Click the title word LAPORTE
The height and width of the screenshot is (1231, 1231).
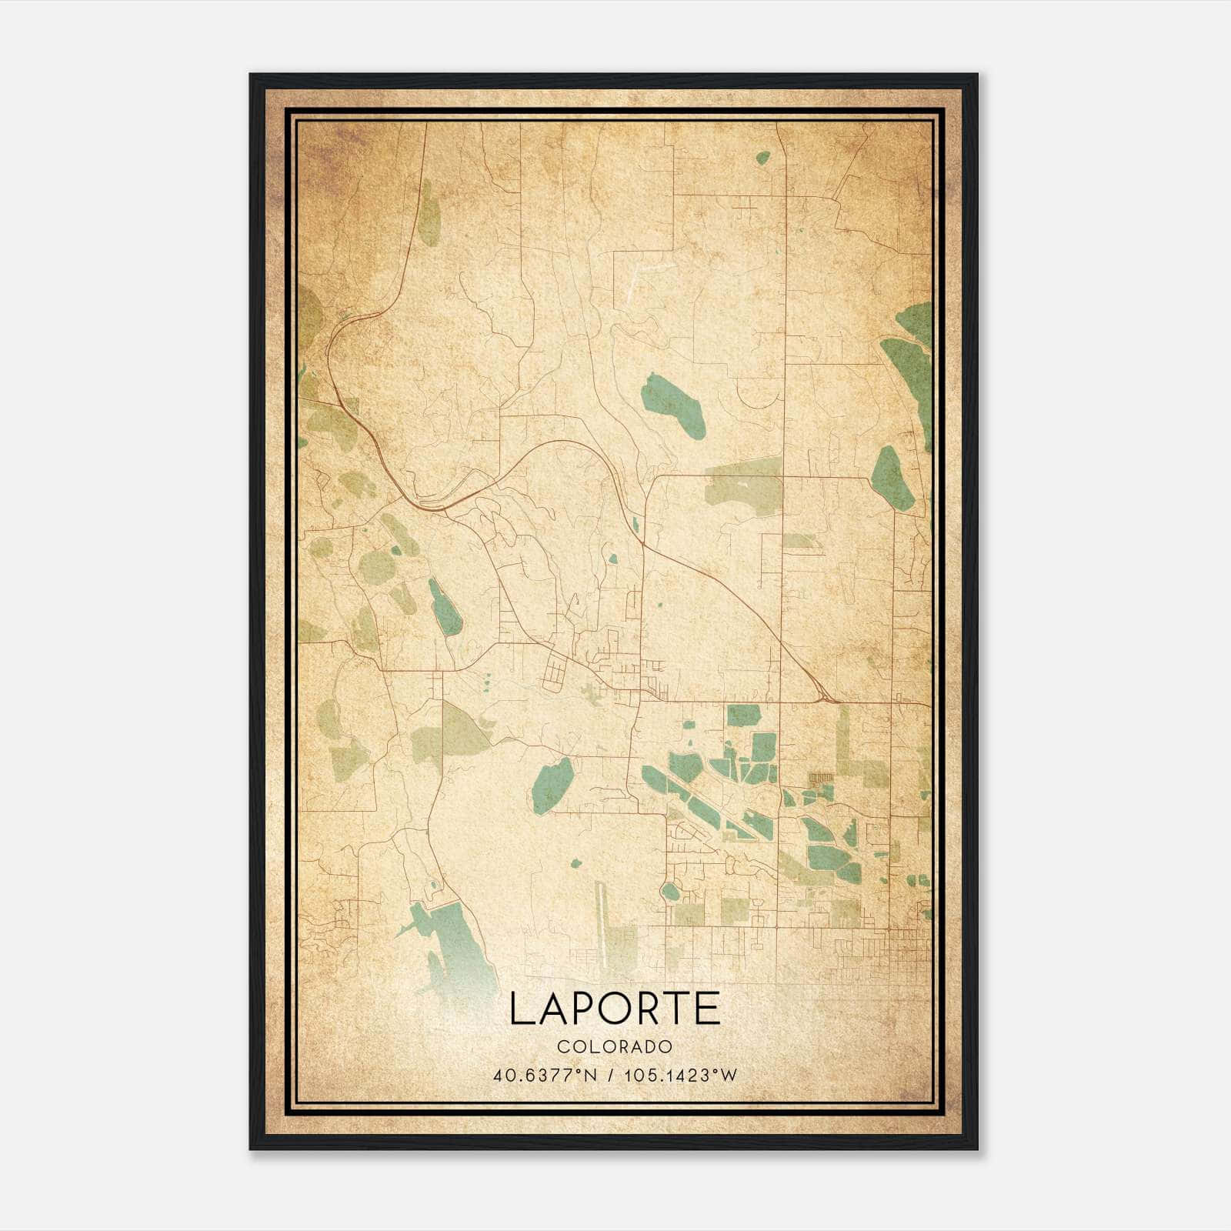point(615,1009)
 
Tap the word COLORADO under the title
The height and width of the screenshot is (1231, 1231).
point(615,1046)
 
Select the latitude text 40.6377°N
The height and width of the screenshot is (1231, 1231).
point(545,1075)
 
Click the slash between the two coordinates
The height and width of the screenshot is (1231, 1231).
point(609,1075)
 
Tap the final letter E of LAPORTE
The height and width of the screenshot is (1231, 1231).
point(709,1009)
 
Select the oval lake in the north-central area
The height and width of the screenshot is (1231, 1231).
point(672,405)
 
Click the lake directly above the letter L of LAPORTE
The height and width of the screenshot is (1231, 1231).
point(552,785)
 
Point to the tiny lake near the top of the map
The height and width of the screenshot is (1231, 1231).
point(762,158)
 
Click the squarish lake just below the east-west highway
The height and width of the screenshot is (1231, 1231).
point(743,716)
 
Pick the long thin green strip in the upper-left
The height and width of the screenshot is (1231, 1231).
point(429,212)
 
